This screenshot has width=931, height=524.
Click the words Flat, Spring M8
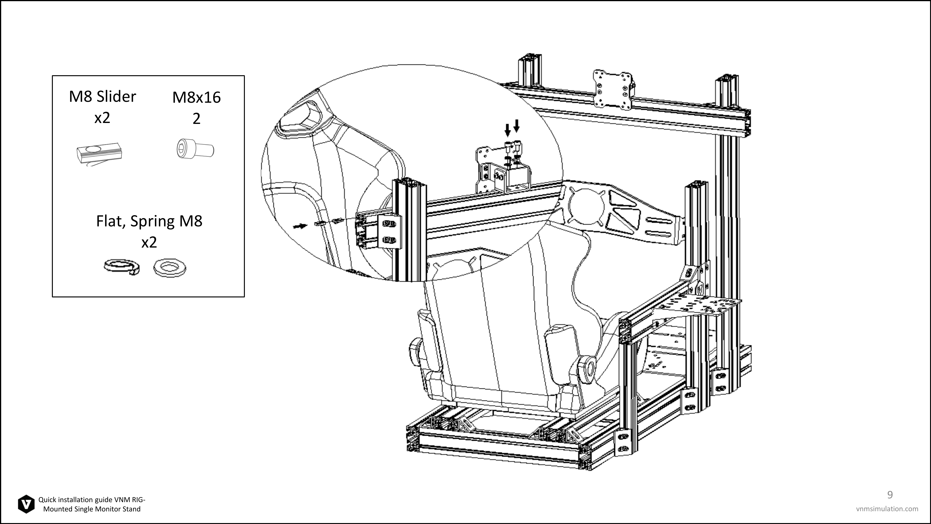[149, 221]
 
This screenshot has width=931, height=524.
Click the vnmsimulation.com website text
[887, 509]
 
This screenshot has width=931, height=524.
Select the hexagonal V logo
[26, 504]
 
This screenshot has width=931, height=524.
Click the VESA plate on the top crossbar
[613, 89]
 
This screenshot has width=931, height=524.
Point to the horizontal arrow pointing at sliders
[300, 226]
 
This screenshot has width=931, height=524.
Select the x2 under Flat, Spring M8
[149, 242]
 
